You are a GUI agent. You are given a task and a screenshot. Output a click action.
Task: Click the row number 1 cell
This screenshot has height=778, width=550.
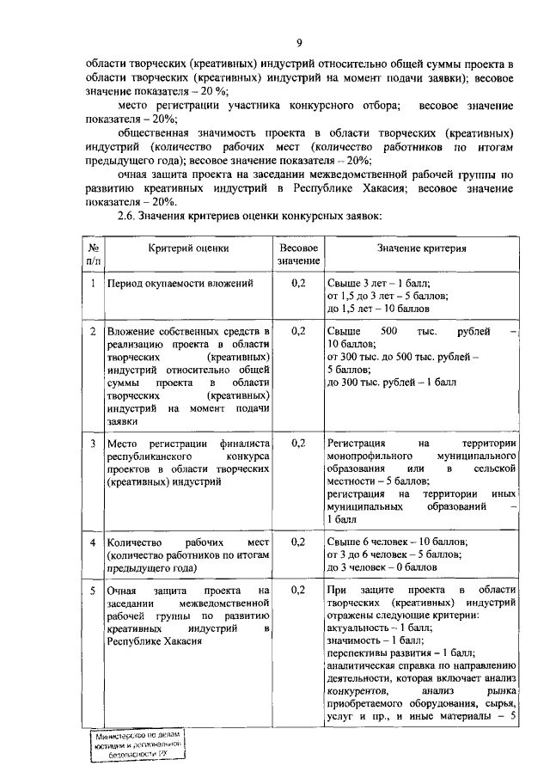click(93, 282)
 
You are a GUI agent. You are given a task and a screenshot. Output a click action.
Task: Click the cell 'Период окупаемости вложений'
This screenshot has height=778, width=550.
click(179, 283)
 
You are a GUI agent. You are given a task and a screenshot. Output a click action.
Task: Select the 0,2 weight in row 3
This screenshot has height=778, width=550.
click(298, 443)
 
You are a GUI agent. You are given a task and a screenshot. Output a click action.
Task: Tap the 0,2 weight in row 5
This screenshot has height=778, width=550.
click(298, 591)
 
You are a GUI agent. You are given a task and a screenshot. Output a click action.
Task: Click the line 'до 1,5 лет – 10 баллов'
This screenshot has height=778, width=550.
click(378, 309)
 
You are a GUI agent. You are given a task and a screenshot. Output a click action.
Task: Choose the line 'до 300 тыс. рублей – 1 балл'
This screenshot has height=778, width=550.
click(391, 382)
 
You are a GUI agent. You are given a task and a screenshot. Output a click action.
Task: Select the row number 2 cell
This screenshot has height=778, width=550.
click(93, 331)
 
